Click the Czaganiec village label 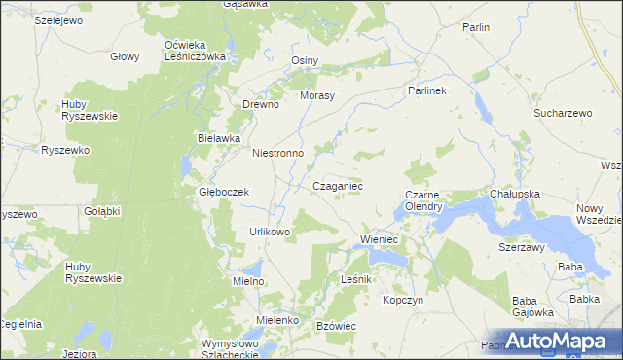point(338,185)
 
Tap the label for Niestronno point(278,153)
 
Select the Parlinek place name point(425,90)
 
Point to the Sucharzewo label point(563,114)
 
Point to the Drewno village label point(261,104)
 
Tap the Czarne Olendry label point(424,200)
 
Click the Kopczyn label point(403,300)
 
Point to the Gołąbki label point(100,211)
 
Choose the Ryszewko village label point(65,150)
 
